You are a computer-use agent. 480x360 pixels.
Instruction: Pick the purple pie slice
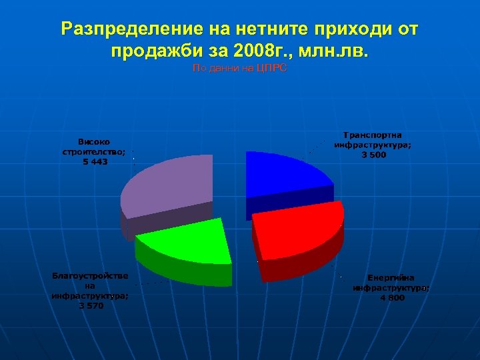170,190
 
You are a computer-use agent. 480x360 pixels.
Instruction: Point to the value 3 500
373,155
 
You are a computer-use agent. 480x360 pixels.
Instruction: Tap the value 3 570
91,305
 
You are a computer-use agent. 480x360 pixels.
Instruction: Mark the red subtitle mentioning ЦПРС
239,68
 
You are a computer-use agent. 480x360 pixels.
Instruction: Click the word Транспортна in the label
373,135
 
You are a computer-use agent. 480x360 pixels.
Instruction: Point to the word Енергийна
391,278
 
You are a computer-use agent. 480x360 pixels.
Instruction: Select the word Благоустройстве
91,275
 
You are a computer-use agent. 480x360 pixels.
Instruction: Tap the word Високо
94,141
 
